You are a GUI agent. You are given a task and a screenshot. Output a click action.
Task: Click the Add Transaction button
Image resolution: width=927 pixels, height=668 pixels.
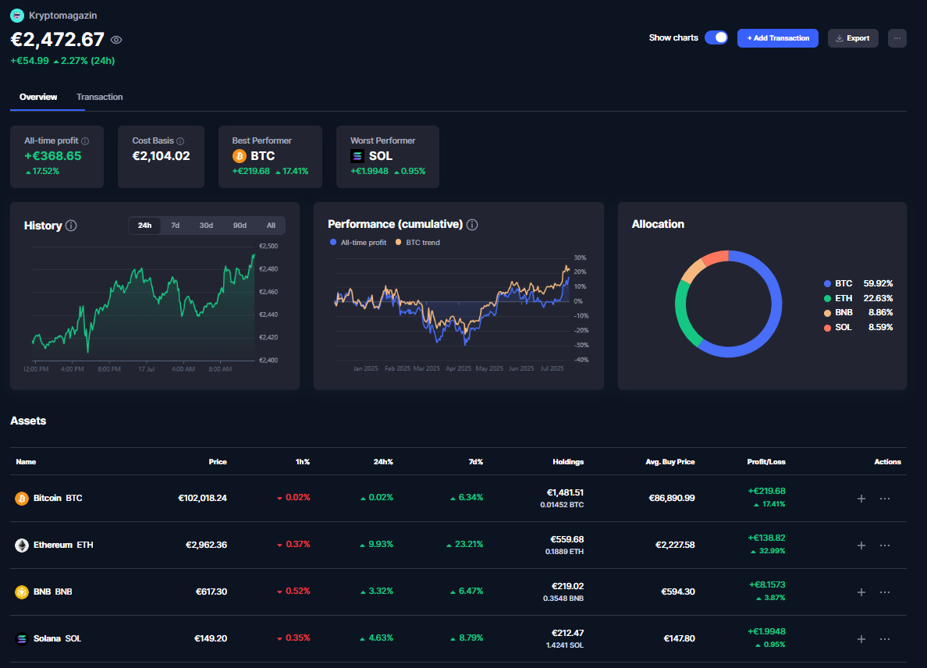(777, 37)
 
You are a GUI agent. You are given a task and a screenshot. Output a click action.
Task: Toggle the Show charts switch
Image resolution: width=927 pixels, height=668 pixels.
(716, 37)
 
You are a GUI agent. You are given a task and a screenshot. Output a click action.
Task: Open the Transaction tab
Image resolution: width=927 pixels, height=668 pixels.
(99, 97)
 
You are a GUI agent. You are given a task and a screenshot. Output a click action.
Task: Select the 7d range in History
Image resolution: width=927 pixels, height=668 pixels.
(175, 226)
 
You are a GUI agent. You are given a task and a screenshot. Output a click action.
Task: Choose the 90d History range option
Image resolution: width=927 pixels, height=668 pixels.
(240, 226)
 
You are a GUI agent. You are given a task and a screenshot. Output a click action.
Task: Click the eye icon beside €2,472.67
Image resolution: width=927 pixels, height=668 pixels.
(116, 41)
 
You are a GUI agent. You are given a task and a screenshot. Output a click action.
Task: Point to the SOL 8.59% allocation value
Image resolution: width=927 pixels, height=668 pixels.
(880, 327)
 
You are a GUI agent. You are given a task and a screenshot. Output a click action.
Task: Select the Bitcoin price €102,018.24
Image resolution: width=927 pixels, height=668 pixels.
(202, 498)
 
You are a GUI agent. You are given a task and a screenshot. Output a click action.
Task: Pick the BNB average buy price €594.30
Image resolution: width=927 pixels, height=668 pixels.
(677, 592)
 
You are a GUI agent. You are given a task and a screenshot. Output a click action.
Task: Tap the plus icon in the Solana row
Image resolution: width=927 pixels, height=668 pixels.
(861, 638)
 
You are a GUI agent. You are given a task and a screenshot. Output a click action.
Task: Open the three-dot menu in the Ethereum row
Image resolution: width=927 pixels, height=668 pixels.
(884, 545)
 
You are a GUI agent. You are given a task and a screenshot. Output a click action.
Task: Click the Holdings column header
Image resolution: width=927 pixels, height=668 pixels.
(567, 462)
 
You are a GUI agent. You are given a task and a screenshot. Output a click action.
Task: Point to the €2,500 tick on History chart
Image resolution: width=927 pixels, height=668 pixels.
(268, 246)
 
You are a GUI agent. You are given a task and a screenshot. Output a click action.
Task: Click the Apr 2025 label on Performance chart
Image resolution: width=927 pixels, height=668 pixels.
(458, 368)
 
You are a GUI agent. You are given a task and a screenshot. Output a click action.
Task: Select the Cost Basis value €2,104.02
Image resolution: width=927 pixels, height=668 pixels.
(161, 156)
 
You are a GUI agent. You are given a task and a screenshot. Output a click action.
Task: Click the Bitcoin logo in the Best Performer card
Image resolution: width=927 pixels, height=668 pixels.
(240, 156)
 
